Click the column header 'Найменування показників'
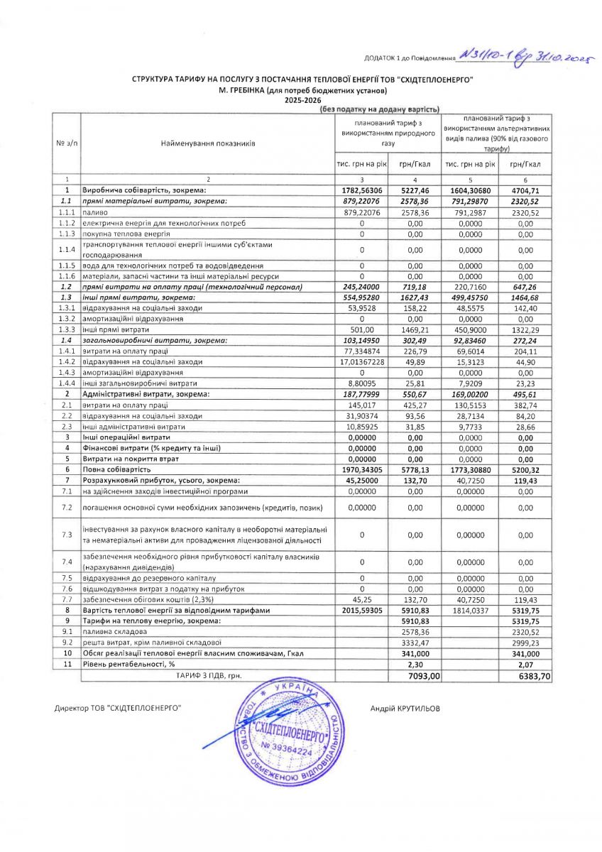point(208,143)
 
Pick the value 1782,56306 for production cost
point(362,190)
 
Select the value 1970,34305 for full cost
point(362,469)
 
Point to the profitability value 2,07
point(525,665)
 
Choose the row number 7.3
point(67,535)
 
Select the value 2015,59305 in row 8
point(362,610)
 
